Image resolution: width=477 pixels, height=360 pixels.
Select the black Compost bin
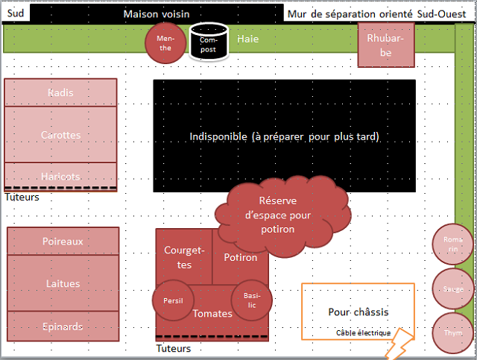[208, 44]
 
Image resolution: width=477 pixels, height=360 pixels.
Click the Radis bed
[61, 92]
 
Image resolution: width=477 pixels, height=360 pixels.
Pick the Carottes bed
[61, 134]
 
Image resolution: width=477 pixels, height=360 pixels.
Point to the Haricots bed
[61, 174]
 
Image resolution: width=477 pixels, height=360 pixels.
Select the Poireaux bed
[63, 241]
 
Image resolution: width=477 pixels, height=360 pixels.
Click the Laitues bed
[63, 283]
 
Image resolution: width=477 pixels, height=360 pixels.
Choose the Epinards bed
[63, 326]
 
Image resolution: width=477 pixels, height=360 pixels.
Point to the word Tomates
[212, 314]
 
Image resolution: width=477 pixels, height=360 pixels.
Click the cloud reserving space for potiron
[279, 213]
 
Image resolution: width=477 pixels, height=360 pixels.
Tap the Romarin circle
[452, 244]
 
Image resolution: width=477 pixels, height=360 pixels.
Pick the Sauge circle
[452, 288]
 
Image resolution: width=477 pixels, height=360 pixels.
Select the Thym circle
[452, 332]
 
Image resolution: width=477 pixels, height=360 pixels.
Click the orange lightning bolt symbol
[397, 343]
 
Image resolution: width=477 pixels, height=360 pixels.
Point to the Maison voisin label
[157, 14]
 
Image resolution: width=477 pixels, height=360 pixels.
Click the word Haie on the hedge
[247, 39]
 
